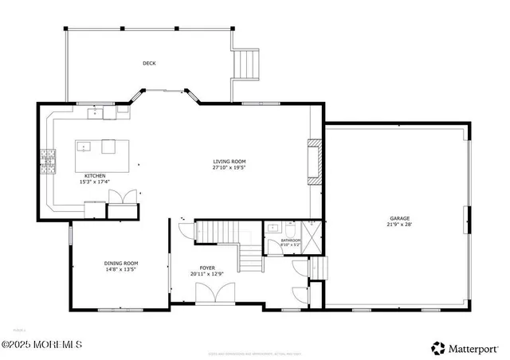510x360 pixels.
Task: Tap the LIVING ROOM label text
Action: (x=229, y=161)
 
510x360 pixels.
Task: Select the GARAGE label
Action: (x=399, y=218)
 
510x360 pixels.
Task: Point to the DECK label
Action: (x=149, y=63)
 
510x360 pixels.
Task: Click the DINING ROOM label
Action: (x=121, y=263)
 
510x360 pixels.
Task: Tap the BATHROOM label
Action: (x=289, y=240)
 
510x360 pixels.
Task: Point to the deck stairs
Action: (x=246, y=63)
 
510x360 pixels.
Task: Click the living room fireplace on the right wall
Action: (x=315, y=162)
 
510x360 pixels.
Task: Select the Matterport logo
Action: (x=466, y=347)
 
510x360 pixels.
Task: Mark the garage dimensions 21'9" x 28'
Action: (x=399, y=225)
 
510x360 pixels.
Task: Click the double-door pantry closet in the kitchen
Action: (x=122, y=209)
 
